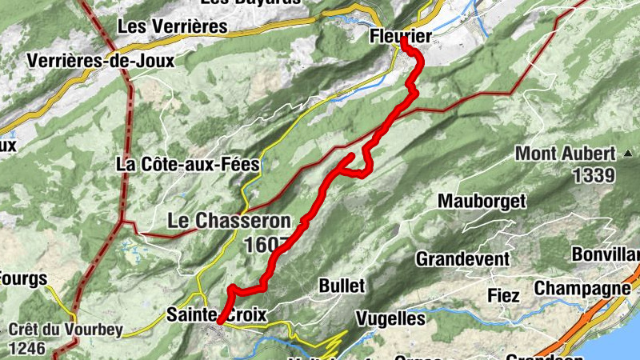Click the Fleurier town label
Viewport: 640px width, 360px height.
401,36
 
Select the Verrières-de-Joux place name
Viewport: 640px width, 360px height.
100,61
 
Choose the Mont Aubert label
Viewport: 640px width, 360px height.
565,153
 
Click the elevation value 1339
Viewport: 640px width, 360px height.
593,175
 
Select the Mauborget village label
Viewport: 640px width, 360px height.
482,201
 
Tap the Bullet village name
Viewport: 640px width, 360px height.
342,286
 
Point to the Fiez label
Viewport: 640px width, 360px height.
503,296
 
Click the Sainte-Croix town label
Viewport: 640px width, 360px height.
215,314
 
